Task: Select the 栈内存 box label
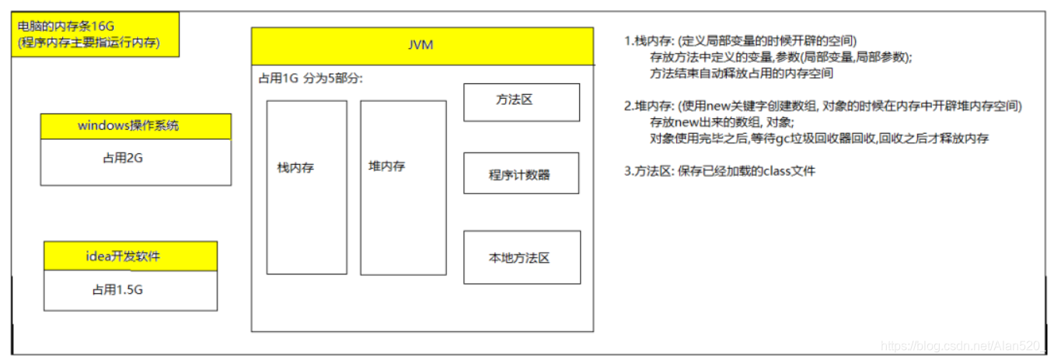pos(295,167)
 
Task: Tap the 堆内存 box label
pos(387,166)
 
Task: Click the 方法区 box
pos(522,103)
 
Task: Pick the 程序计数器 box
pos(522,173)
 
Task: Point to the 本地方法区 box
pos(522,257)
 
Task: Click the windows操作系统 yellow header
pos(136,127)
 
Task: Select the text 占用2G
pos(123,158)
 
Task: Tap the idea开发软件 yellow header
pos(131,256)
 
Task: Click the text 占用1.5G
pos(117,290)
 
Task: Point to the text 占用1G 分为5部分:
pos(311,78)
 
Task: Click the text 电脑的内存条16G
pos(66,26)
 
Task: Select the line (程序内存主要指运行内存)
pos(89,42)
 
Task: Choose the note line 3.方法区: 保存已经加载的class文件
pos(720,171)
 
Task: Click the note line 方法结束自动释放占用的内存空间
pos(742,73)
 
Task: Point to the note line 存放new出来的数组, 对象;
pos(722,122)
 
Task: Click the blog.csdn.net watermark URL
pos(961,346)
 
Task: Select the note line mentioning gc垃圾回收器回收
pos(819,138)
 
